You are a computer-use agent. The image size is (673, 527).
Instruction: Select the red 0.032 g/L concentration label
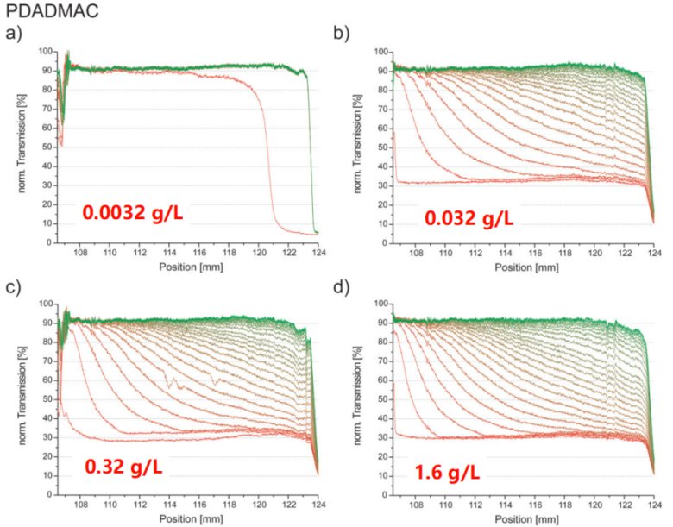coord(469,218)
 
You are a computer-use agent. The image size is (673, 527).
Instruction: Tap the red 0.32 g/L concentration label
coord(123,467)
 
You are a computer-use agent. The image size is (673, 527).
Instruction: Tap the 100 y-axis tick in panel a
coord(46,53)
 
